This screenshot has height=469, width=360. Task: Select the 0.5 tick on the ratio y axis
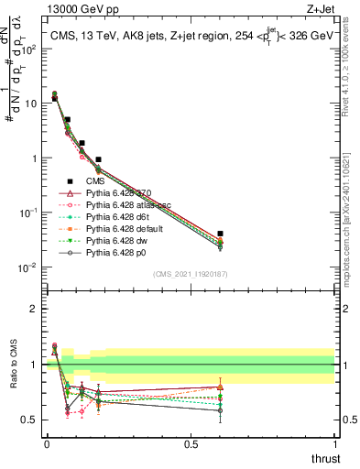point(30,420)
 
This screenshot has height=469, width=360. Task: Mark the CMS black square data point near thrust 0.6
point(219,234)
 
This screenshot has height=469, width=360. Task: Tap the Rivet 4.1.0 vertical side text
point(352,60)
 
